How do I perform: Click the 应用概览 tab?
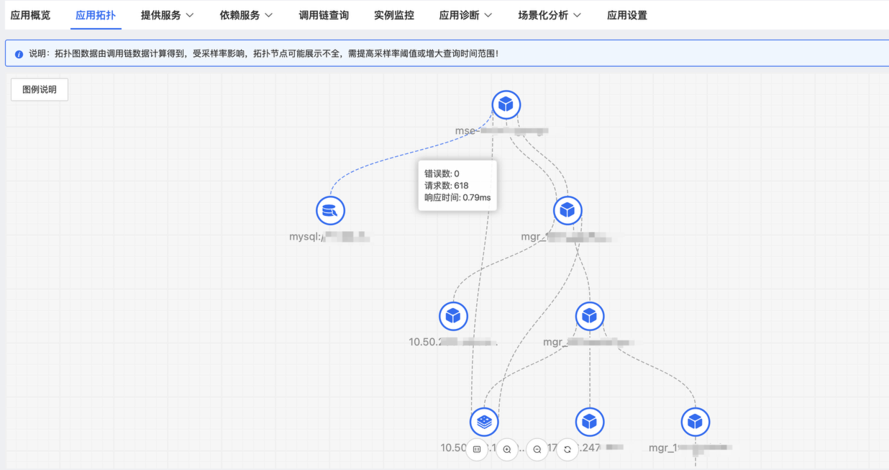point(30,15)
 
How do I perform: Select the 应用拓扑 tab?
point(96,15)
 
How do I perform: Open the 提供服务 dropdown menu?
point(167,15)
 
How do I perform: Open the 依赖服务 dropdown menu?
point(246,15)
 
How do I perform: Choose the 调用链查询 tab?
point(324,15)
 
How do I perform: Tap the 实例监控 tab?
point(394,15)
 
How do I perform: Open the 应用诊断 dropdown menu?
point(465,15)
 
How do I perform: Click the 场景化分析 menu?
point(550,15)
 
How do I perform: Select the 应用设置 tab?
point(627,15)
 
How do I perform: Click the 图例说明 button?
point(40,90)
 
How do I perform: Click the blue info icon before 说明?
point(19,54)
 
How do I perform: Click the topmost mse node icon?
point(506,104)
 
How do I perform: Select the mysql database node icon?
point(330,210)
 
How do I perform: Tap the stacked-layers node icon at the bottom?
point(484,422)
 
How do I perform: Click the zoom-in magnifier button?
point(507,449)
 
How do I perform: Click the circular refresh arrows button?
point(567,449)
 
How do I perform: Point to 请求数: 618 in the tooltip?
point(446,186)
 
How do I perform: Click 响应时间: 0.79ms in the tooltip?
point(457,197)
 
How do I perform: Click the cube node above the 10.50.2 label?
point(453,316)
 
